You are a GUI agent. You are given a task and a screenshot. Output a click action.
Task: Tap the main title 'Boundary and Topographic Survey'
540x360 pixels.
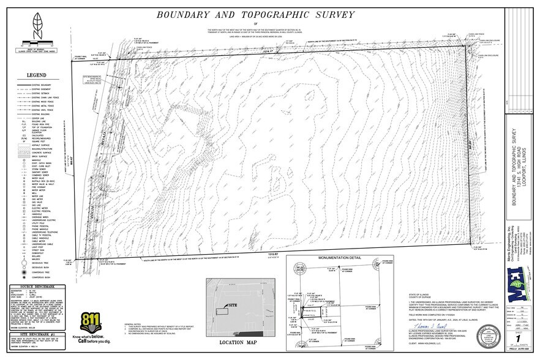[256, 13]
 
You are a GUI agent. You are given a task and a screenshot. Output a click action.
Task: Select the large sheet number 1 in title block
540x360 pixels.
[520, 338]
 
